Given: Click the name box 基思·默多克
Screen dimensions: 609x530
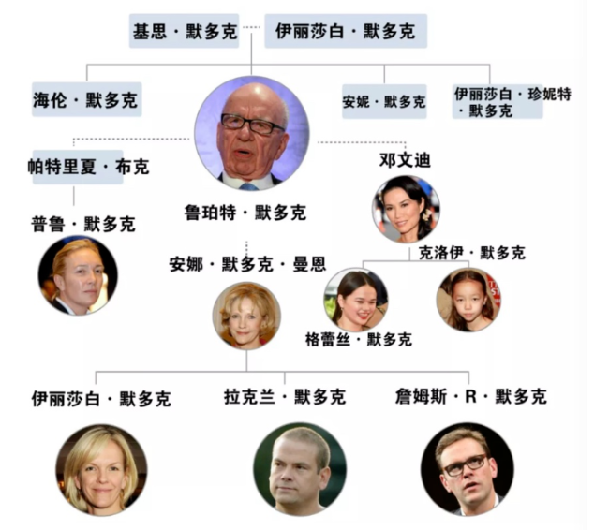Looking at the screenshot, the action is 184,31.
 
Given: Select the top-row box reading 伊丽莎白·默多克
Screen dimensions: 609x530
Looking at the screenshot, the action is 346,31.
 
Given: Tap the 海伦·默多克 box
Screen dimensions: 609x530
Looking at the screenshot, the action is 86,99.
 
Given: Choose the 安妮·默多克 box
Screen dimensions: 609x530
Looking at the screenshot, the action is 384,101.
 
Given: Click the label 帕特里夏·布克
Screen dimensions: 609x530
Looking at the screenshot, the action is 88,167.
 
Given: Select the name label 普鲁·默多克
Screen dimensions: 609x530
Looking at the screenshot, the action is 83,225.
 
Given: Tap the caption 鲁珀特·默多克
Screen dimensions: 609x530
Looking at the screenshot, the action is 245,213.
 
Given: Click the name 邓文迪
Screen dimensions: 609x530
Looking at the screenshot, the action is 405,160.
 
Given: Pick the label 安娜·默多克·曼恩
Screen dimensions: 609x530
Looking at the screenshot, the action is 247,264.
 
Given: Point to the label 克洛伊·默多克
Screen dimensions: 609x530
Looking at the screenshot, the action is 472,253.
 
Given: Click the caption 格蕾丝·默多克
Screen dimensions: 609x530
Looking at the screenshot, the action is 359,339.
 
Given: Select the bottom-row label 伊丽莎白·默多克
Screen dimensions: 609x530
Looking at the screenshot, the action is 101,399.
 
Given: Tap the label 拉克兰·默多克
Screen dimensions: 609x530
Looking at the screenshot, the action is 285,397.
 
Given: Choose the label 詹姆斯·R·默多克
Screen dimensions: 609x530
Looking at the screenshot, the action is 470,396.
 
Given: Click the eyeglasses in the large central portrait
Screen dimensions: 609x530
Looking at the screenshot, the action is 252,125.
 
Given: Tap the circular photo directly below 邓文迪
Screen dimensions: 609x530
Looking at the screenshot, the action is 406,209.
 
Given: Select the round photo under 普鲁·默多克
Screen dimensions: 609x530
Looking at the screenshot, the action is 78,275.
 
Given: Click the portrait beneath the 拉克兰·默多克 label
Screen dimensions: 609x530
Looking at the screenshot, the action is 300,470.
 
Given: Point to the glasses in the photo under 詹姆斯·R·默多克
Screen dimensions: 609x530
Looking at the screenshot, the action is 466,464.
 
